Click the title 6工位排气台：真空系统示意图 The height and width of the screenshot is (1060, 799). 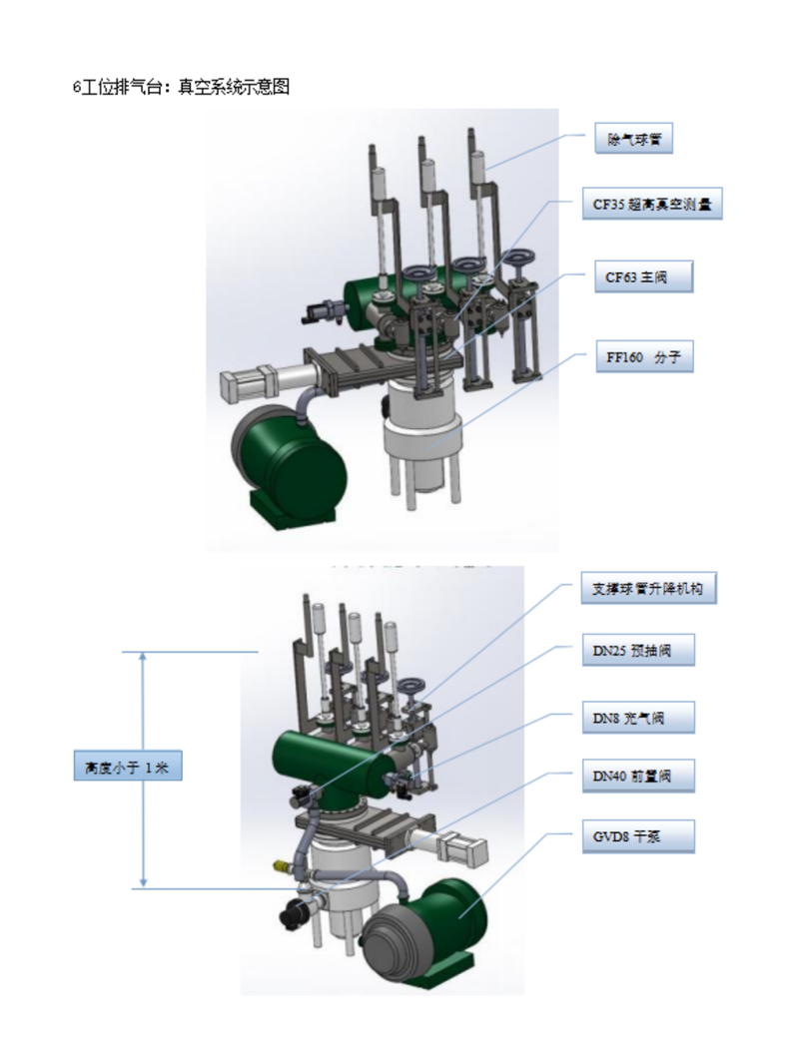pyautogui.click(x=182, y=87)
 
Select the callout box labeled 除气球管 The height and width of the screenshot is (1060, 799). pyautogui.click(x=634, y=139)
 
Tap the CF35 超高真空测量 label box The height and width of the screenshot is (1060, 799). pyautogui.click(x=653, y=204)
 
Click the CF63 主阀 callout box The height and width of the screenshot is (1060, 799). pyautogui.click(x=644, y=276)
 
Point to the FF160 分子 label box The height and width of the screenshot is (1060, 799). pyautogui.click(x=645, y=356)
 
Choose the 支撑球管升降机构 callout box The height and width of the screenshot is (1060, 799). pyautogui.click(x=649, y=588)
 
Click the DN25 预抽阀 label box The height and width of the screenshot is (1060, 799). pyautogui.click(x=638, y=651)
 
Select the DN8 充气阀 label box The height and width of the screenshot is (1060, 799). pyautogui.click(x=638, y=718)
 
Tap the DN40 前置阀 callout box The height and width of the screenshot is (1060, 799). pyautogui.click(x=638, y=777)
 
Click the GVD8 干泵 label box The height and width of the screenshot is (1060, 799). pyautogui.click(x=638, y=836)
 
